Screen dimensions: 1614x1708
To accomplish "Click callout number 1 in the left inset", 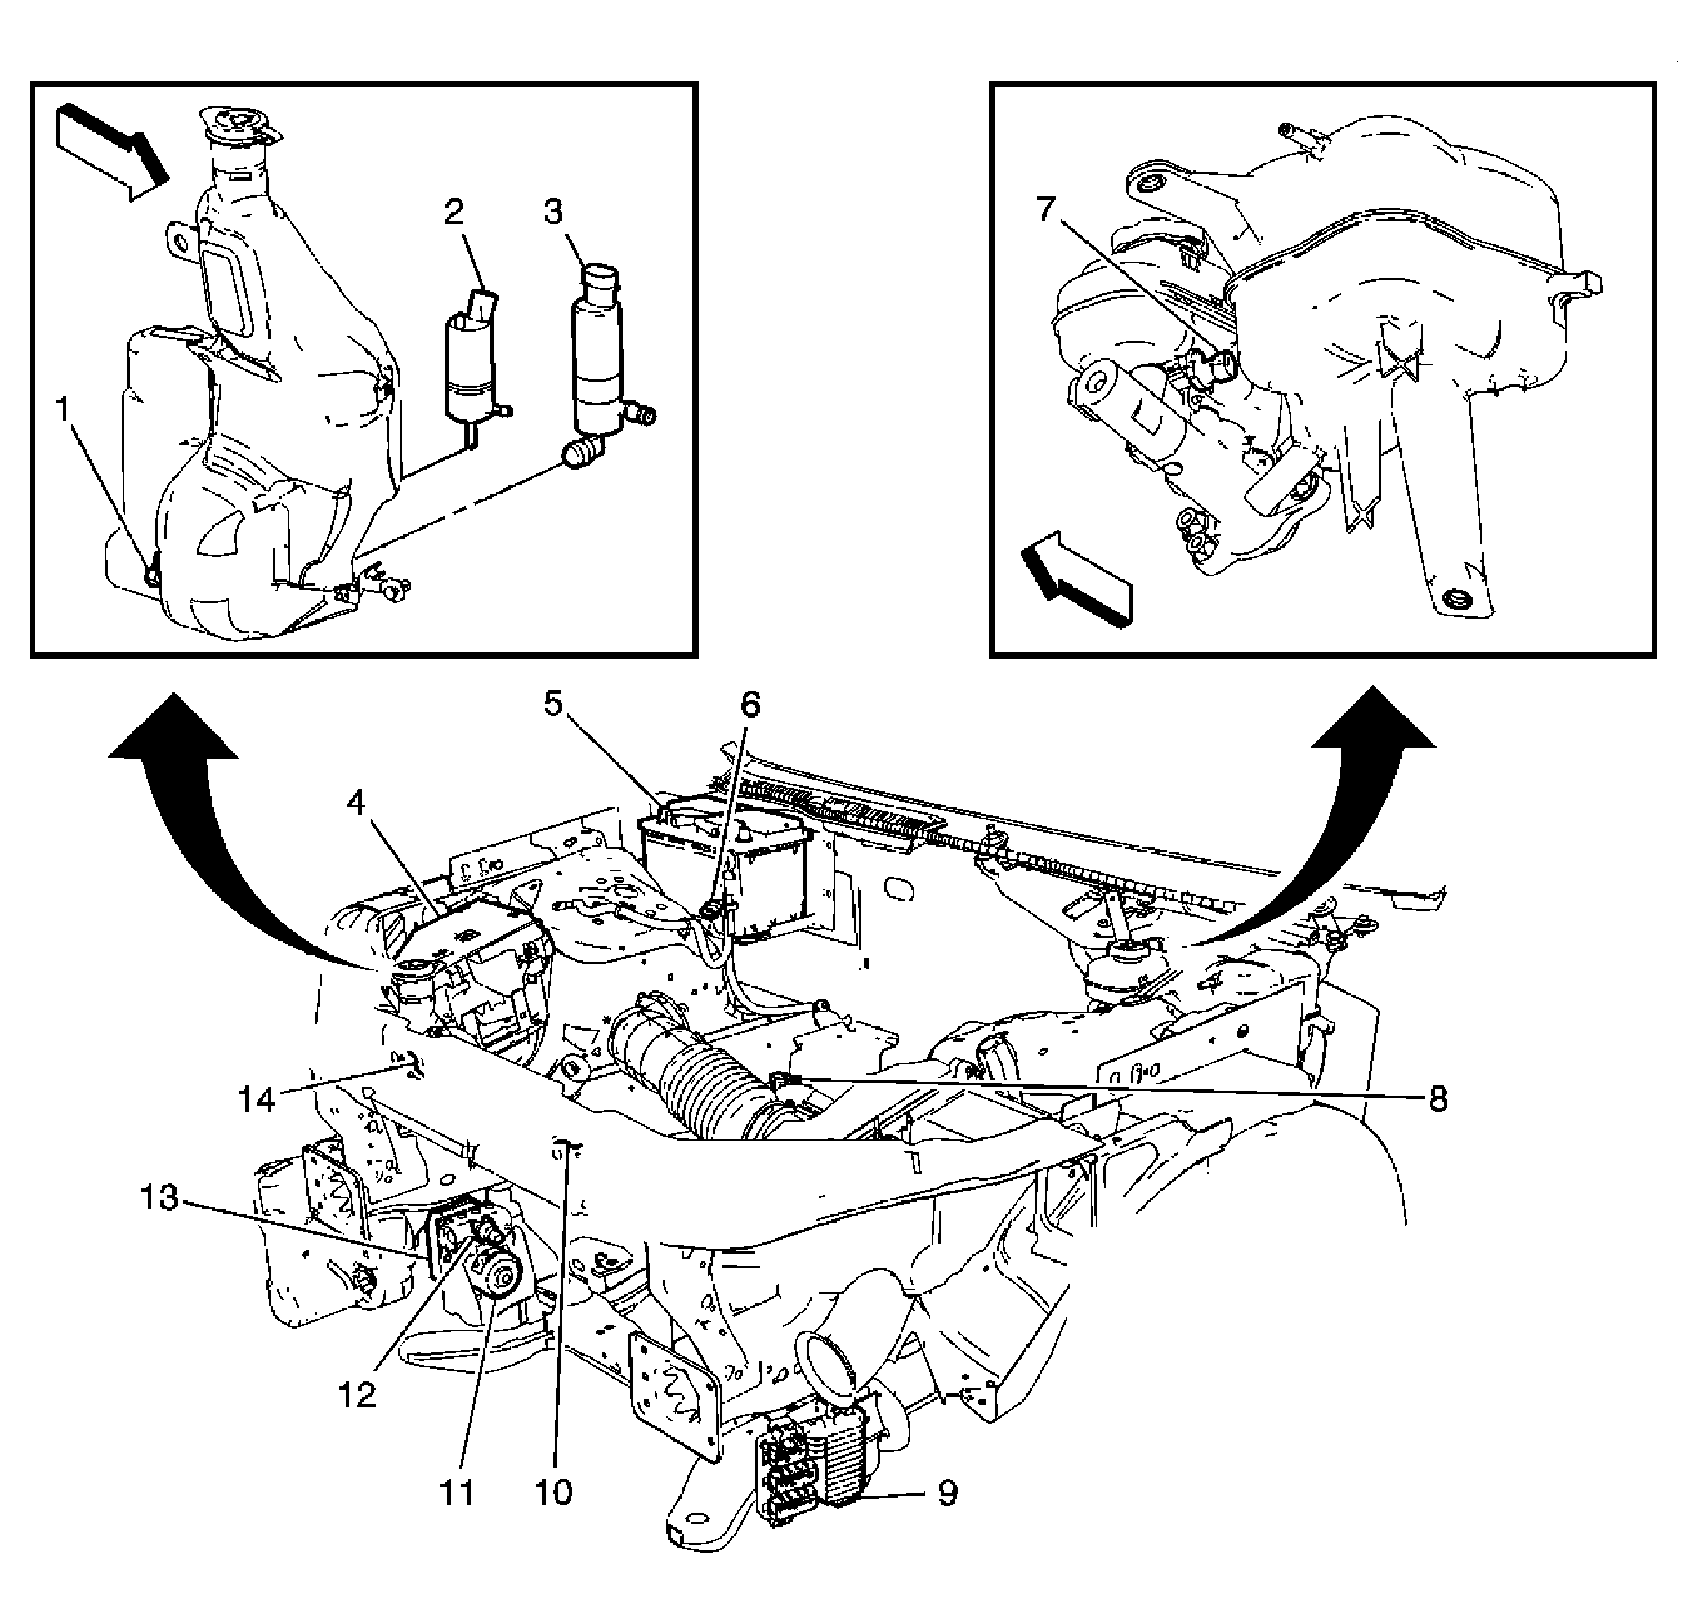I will pos(62,410).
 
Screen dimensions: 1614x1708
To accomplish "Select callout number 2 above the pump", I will pos(454,212).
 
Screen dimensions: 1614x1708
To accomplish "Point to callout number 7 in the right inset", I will pos(1045,209).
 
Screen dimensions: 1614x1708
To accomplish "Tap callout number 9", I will pos(946,1494).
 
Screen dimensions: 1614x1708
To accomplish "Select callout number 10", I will pos(554,1494).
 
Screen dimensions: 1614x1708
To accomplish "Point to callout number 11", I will pos(457,1494).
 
